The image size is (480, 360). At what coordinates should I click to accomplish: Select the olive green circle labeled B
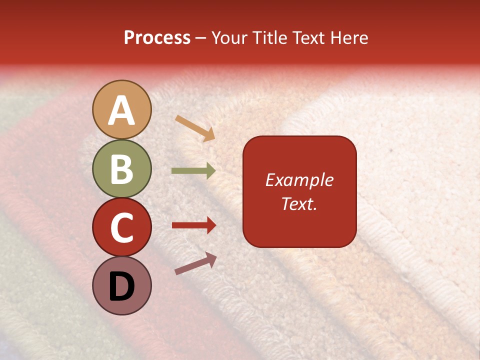click(122, 168)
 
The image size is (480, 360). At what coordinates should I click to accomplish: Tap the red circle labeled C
click(122, 227)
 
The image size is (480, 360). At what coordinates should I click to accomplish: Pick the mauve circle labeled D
click(122, 285)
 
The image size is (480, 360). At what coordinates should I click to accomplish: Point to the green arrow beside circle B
click(193, 171)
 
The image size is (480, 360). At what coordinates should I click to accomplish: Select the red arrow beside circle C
click(194, 225)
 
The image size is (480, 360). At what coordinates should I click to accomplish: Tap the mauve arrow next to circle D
click(195, 263)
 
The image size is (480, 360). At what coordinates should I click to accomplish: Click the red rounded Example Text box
click(299, 191)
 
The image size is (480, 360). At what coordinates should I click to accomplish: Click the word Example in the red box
click(299, 180)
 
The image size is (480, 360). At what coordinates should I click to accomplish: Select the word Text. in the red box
click(299, 204)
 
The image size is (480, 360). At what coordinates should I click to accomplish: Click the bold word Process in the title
click(157, 38)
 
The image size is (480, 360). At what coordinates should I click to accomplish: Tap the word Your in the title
click(230, 38)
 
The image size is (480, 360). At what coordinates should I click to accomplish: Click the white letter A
click(122, 110)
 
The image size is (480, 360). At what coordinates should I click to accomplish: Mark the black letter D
click(122, 286)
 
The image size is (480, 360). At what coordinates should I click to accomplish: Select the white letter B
click(122, 169)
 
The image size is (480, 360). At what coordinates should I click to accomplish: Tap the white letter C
click(122, 228)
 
